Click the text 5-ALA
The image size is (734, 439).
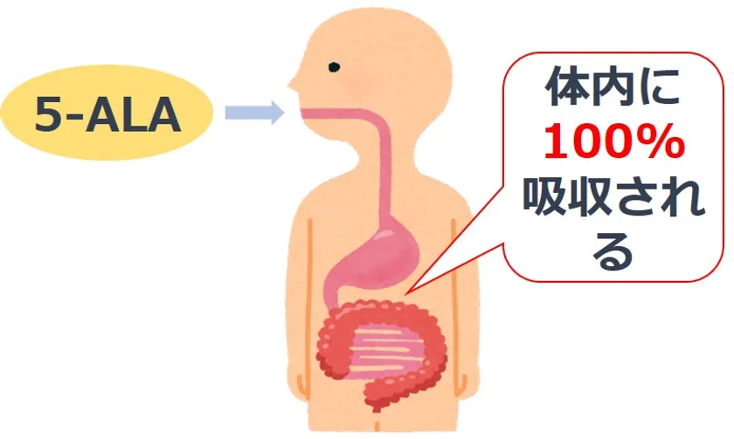click(107, 114)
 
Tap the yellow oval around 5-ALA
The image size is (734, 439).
click(107, 113)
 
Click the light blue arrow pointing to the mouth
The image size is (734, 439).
click(254, 113)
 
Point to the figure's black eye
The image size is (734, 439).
click(334, 67)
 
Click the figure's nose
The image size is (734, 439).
click(292, 84)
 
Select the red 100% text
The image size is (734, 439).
click(613, 141)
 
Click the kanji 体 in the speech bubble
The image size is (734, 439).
click(567, 87)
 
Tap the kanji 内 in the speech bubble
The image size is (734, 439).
click(613, 87)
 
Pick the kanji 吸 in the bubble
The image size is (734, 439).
click(545, 196)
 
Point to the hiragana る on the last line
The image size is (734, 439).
click(613, 252)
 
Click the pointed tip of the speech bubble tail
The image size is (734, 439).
click(405, 293)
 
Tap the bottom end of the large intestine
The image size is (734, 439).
click(376, 408)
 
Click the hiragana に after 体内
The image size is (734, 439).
click(658, 87)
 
